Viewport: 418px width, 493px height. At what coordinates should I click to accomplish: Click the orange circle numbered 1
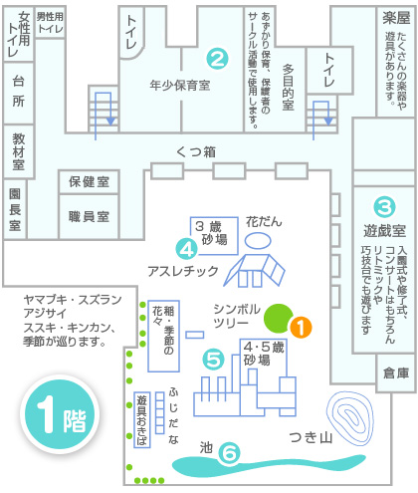tap(301, 328)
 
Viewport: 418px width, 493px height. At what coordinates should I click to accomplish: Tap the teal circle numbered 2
tap(217, 59)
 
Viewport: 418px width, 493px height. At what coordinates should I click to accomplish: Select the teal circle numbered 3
tap(384, 207)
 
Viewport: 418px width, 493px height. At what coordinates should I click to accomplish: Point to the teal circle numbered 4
tap(187, 249)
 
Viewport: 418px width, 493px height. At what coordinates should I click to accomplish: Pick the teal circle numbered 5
tap(213, 360)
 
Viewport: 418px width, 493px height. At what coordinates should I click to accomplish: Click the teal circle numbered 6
tap(229, 453)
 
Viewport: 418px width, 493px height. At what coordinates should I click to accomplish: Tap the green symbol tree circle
tap(279, 318)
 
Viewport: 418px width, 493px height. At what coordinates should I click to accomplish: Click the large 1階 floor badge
tap(60, 414)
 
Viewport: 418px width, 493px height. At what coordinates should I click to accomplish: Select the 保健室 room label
tap(89, 182)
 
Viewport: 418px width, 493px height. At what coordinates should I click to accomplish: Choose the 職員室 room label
tap(89, 217)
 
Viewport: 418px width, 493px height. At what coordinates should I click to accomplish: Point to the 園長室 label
tap(15, 209)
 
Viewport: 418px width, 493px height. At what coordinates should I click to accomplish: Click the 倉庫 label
tap(396, 373)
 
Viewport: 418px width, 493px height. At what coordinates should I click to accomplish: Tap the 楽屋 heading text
tap(396, 18)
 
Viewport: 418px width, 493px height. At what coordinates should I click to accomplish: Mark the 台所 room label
tap(19, 91)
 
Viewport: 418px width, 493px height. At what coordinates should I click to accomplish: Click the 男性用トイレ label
tap(50, 23)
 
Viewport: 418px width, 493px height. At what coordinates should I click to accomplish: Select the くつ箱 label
tap(196, 152)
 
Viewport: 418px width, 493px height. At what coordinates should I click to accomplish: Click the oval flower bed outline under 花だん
tap(258, 240)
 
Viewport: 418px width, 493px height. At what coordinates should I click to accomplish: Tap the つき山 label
tap(311, 437)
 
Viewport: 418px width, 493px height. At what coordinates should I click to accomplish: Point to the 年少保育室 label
tap(180, 86)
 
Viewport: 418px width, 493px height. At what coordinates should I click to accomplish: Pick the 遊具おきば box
tap(142, 420)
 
